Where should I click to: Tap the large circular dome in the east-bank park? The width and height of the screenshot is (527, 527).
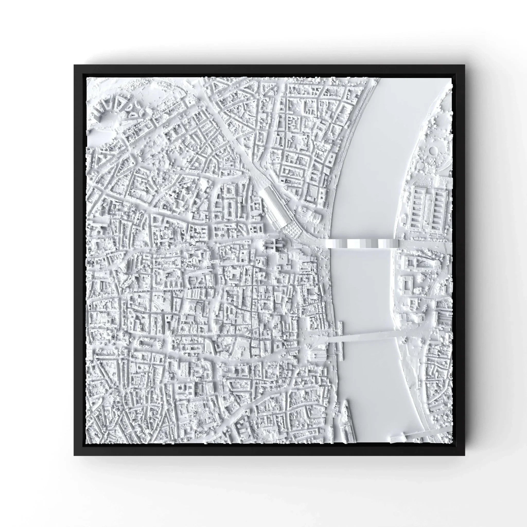tap(433, 150)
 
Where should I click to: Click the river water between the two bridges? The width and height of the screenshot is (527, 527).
tap(363, 289)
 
